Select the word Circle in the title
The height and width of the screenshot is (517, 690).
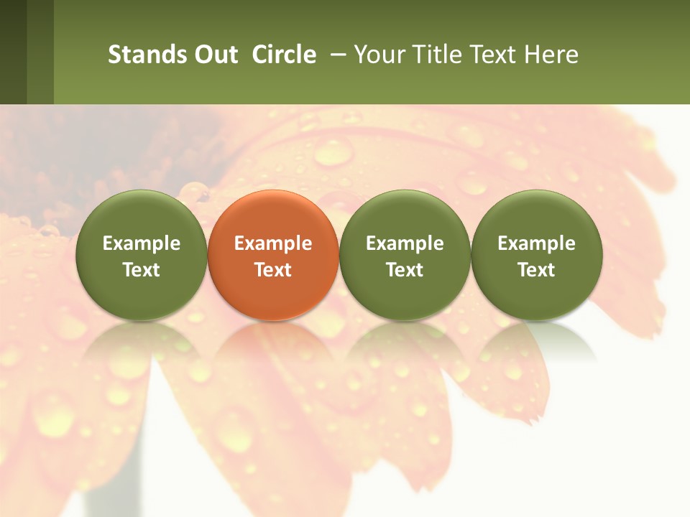[284, 55]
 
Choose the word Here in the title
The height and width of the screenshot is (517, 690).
[552, 55]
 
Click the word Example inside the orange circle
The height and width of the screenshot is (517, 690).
[273, 243]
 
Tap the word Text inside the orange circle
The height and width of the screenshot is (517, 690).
[273, 270]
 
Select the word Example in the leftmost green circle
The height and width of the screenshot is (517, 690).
[142, 243]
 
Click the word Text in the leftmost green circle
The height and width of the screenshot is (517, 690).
[142, 270]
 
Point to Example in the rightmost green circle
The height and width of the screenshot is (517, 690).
[537, 243]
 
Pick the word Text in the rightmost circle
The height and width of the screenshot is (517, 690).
[537, 270]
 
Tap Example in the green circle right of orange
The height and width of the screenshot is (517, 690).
[405, 243]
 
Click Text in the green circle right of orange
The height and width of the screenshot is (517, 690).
[405, 270]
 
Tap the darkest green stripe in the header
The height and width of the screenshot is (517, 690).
[13, 52]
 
